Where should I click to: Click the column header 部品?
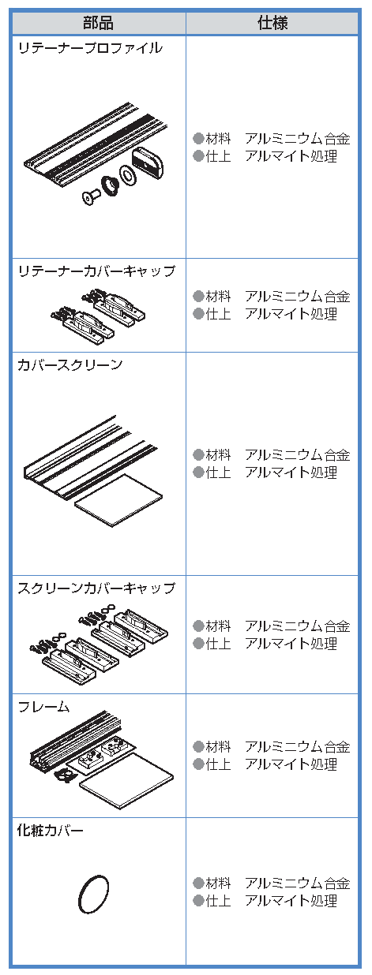(99, 23)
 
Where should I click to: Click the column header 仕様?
(272, 23)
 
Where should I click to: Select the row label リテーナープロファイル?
(90, 47)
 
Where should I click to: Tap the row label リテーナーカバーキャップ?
(96, 271)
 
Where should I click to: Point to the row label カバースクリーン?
(70, 364)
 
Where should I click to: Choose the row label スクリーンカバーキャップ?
(96, 588)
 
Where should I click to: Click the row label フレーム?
(43, 707)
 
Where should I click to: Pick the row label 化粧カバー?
(50, 830)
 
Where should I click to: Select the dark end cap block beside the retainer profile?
(148, 162)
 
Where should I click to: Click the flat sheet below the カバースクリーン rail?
(118, 499)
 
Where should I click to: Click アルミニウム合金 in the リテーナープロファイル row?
(298, 139)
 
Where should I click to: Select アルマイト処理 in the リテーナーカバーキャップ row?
(291, 313)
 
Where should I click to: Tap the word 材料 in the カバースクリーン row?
(218, 455)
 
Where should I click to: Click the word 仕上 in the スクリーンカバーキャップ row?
(218, 643)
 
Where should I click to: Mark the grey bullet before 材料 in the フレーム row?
(198, 747)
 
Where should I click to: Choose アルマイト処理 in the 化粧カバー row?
(291, 901)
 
